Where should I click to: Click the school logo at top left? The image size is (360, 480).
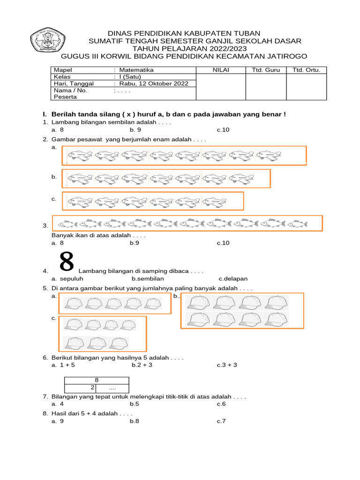tap(48, 39)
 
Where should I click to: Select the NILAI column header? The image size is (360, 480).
tap(220, 70)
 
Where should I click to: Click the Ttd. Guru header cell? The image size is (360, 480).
tap(266, 70)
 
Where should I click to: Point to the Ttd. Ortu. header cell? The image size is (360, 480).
tap(307, 70)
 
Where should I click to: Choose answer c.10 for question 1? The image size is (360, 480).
tap(223, 130)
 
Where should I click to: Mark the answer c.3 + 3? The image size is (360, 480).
tap(227, 365)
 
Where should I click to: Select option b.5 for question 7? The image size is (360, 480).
tap(135, 404)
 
